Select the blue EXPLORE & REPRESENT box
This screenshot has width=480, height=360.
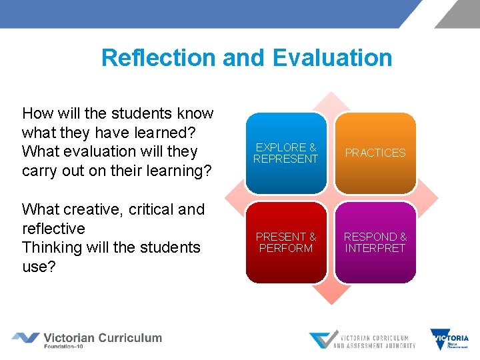tap(286, 153)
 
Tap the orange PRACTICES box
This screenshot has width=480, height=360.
tap(375, 153)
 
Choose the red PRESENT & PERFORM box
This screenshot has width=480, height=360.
tap(286, 242)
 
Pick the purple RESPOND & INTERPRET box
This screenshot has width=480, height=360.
tap(375, 242)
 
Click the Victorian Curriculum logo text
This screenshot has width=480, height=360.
tap(103, 337)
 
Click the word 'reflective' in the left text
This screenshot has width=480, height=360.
tap(53, 229)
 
